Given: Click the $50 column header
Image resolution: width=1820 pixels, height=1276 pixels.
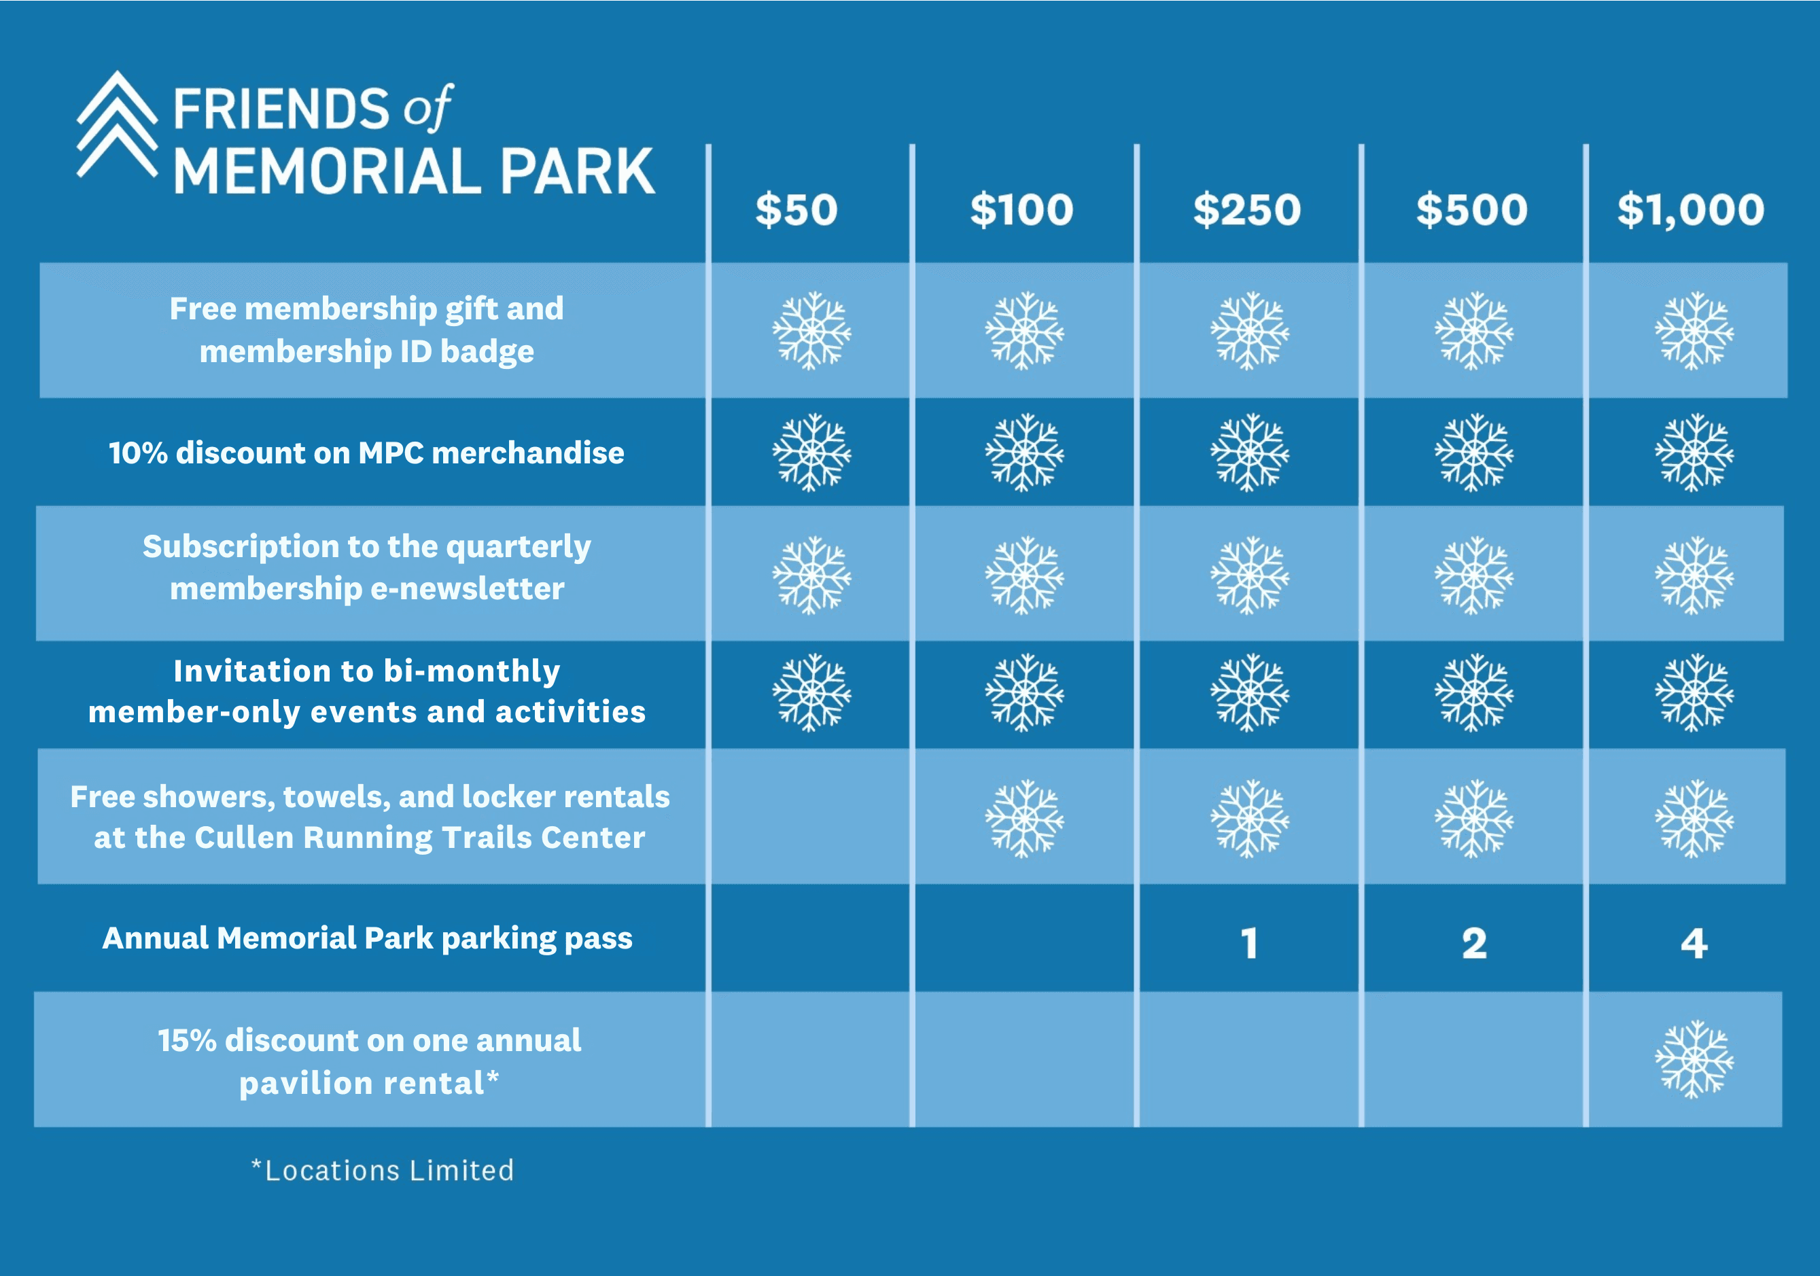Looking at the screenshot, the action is (x=796, y=210).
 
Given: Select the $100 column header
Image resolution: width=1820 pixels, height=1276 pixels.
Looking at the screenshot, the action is (x=1021, y=210).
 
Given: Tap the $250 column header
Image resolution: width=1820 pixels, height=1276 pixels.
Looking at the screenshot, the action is (x=1247, y=210).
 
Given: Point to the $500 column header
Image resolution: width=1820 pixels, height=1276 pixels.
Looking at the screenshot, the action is (x=1471, y=210).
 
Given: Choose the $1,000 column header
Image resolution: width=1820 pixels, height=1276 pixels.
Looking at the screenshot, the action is (x=1690, y=211).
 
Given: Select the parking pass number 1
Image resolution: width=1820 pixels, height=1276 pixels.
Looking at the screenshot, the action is (x=1249, y=943).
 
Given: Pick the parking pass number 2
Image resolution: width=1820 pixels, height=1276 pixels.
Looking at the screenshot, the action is (x=1474, y=943).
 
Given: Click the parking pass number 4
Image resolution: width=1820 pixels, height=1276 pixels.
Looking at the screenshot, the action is (x=1694, y=943).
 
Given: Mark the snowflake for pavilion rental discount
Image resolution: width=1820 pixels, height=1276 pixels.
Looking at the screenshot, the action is (x=1694, y=1059).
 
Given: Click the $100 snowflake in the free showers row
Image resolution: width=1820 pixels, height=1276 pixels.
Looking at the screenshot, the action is (x=1024, y=818).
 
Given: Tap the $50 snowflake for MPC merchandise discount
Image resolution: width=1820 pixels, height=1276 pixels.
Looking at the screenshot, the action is (x=811, y=453).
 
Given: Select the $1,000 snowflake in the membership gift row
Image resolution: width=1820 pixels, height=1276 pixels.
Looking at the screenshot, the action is (x=1694, y=330).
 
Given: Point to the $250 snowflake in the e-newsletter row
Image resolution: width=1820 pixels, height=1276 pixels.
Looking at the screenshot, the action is (x=1249, y=575).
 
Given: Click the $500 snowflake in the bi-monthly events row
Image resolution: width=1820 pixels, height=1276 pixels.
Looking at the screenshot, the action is (x=1473, y=692).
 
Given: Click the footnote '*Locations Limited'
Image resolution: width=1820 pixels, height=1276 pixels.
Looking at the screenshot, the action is (x=382, y=1170).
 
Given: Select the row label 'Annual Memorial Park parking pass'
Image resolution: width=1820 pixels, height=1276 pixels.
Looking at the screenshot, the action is (x=367, y=939).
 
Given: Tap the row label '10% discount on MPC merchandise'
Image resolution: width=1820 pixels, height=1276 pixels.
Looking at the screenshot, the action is (x=366, y=453).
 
